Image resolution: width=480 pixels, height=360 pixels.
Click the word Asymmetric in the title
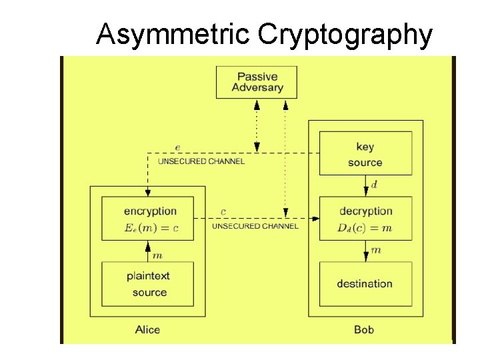pos(174,35)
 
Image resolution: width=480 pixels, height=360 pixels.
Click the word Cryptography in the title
pos(345,35)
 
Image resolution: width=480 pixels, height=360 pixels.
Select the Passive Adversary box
pos(257,82)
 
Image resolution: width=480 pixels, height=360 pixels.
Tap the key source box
pos(365,154)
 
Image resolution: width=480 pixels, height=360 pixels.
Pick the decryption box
pos(365,219)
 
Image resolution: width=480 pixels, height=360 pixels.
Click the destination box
pos(365,283)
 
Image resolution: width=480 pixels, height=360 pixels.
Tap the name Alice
pos(147,329)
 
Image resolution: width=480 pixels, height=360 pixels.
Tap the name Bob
pos(364,329)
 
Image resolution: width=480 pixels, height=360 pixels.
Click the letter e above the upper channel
pos(177,147)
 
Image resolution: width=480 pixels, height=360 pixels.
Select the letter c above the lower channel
pos(223,212)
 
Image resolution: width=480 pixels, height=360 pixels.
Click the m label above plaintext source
pos(158,255)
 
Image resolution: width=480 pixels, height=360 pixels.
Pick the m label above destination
pos(375,250)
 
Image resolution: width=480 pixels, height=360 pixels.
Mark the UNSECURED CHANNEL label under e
pos(201,161)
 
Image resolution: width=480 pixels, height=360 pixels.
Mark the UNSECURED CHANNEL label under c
pos(255,227)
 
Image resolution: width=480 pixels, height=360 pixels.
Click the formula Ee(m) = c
pos(151,229)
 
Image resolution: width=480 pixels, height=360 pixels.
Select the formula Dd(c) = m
pos(364,229)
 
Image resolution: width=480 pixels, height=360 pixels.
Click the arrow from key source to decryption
pos(365,185)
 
